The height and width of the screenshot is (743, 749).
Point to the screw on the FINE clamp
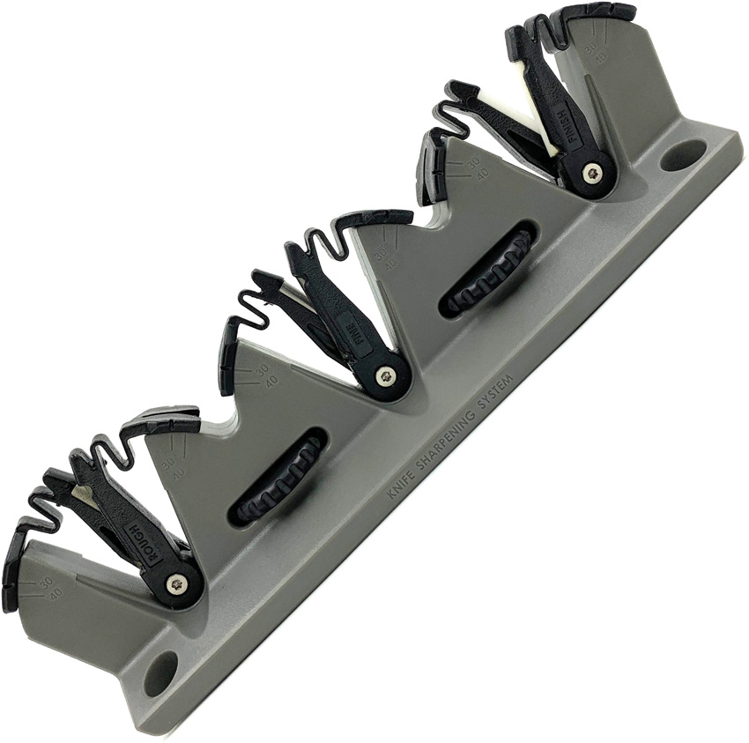tap(385, 376)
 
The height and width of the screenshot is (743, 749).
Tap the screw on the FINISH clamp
tap(593, 174)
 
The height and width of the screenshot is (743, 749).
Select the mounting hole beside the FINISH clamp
tap(684, 156)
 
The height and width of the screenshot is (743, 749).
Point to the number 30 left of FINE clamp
tap(261, 369)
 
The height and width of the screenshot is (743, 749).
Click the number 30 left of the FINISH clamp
tap(472, 163)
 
